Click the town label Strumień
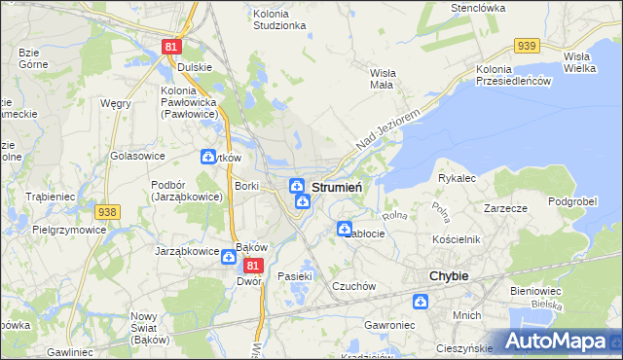[337, 187]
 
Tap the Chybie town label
[449, 276]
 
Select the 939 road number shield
[528, 46]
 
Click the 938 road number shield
[107, 212]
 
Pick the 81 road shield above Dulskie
[171, 47]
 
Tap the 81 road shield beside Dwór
[253, 265]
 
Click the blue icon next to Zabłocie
[344, 230]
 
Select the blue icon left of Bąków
[227, 257]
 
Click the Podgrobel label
[571, 201]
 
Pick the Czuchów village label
[353, 286]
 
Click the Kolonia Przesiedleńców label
[514, 76]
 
